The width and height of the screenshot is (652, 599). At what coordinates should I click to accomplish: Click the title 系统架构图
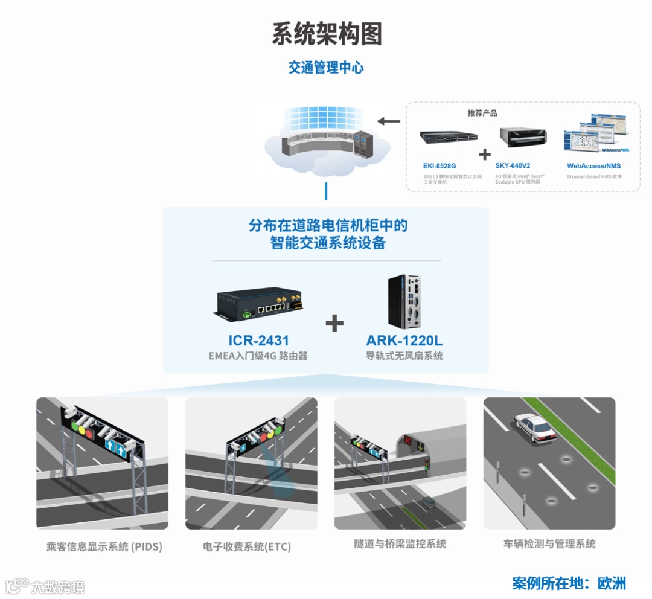coord(327,34)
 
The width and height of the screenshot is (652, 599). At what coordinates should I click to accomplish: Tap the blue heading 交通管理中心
coord(326,68)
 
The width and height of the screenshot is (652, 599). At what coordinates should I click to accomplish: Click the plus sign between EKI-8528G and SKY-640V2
coord(485,155)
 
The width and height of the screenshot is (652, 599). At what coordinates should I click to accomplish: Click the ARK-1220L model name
coord(404,341)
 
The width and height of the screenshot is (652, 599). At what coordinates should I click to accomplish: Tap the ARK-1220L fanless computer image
coord(403,300)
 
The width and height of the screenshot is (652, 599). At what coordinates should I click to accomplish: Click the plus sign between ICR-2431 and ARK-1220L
coord(334,323)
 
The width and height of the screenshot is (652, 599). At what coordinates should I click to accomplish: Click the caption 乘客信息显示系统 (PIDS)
coord(104,547)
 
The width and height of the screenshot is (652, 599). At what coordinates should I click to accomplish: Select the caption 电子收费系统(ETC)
coord(247,547)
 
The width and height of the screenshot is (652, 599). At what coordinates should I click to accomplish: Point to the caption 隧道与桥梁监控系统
coord(400,544)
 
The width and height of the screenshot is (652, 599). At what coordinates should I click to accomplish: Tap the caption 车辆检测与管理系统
coord(549,544)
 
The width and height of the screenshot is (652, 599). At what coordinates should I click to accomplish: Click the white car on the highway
coord(534,428)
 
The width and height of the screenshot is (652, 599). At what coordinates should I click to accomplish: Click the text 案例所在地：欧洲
coord(569,583)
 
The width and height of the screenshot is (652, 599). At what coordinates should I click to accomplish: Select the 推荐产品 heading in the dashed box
coord(482,113)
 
